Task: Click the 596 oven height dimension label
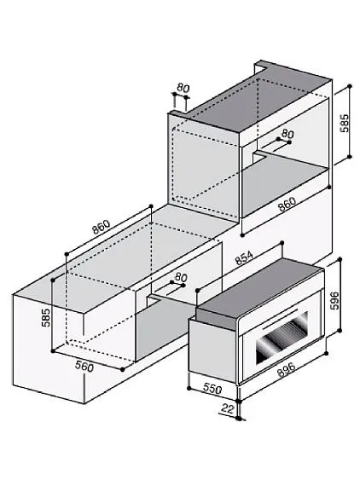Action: pos(336,301)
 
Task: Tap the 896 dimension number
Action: pos(286,369)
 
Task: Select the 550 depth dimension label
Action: pos(212,389)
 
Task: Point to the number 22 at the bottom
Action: pos(228,409)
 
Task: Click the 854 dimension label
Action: pos(244,258)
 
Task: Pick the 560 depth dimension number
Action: pos(84,367)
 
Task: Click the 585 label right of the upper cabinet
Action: pos(345,123)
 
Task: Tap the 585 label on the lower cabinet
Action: pos(46,317)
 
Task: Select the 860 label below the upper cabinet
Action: pos(287,204)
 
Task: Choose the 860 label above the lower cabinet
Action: pos(102,227)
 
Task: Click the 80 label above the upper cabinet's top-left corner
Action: pos(183,88)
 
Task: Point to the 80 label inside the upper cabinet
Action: pos(287,134)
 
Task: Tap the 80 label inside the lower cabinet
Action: pos(181,277)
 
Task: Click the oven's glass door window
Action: pos(282,338)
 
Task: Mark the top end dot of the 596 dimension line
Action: pos(340,259)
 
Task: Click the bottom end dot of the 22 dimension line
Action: pos(239,418)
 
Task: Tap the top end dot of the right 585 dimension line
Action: pos(350,86)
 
